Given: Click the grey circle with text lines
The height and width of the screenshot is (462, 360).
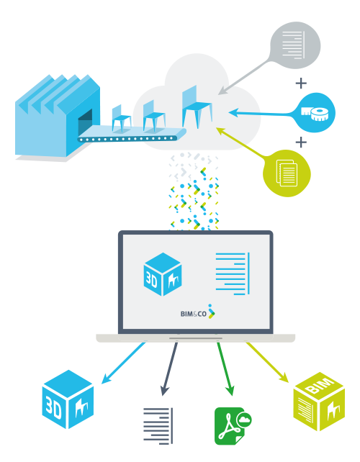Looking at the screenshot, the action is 295,45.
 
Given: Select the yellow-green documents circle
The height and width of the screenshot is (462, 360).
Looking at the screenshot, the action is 287,173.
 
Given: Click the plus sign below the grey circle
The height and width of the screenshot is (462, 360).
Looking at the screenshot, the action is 301,83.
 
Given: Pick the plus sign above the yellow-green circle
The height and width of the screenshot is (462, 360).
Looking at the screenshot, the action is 301,142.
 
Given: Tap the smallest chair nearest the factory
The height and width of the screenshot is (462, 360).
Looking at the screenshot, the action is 121,119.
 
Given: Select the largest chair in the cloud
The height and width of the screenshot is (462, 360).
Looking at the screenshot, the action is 197,107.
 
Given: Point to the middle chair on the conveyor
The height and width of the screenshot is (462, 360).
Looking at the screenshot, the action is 153,116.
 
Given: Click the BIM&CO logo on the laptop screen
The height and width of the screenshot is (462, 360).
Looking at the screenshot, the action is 198,312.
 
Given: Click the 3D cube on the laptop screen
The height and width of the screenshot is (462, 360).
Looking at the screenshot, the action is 163,274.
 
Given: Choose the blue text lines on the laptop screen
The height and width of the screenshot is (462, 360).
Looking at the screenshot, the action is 233,273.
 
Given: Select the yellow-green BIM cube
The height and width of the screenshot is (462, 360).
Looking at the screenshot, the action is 319,402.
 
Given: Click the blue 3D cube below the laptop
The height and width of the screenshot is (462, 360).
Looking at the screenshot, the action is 68,399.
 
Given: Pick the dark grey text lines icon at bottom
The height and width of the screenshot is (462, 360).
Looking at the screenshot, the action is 158,426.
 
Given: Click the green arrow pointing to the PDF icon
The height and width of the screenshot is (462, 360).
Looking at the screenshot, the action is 225,369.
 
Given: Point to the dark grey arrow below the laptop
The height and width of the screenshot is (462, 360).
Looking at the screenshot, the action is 170,369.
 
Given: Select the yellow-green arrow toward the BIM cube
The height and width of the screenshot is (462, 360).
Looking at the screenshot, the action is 267,362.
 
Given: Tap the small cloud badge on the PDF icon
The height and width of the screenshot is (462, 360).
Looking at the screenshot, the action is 245,420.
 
